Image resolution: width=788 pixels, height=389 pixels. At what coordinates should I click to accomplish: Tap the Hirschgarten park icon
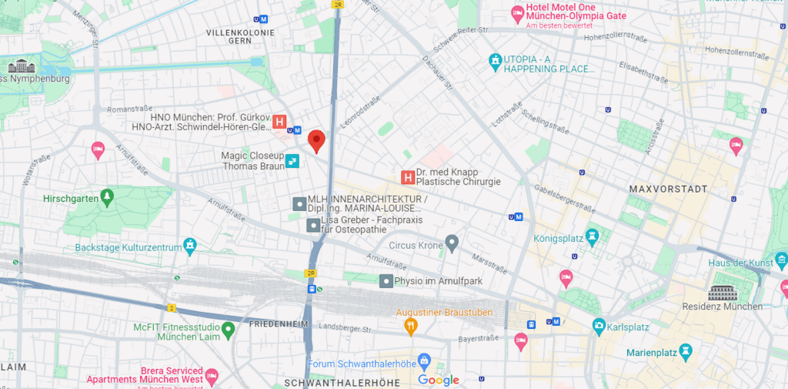[x=107, y=197]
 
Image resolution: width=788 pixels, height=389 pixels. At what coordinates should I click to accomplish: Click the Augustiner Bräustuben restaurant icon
[x=411, y=327]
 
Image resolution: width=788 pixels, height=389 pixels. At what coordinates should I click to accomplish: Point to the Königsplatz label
[x=558, y=238]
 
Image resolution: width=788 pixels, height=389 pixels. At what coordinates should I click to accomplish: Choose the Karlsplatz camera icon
[x=599, y=327]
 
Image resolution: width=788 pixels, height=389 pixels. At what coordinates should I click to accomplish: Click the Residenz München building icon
[x=722, y=293]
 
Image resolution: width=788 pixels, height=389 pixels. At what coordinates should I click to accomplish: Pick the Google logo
[x=439, y=380]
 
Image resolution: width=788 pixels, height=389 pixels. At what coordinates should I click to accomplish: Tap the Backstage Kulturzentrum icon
[x=190, y=246]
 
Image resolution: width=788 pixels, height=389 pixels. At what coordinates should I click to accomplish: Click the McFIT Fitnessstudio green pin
[x=228, y=331]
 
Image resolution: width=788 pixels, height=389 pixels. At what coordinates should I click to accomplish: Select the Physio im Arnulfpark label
[x=438, y=281]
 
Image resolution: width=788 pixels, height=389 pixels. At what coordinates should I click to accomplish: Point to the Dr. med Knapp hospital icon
[x=408, y=178]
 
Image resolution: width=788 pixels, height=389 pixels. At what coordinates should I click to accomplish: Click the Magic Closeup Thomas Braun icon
[x=292, y=160]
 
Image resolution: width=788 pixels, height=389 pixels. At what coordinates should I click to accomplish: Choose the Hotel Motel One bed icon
[x=519, y=13]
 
